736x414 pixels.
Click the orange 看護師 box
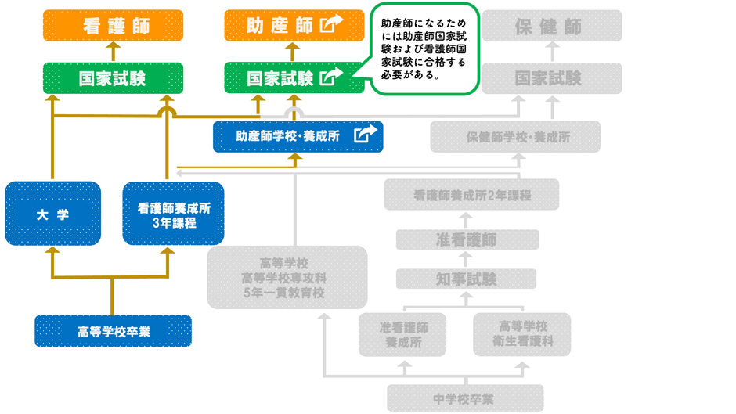tap(113, 26)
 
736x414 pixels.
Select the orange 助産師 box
tap(282, 26)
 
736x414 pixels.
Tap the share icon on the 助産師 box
tap(332, 25)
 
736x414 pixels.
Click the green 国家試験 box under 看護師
tap(113, 78)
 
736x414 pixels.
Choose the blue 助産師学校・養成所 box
tap(288, 136)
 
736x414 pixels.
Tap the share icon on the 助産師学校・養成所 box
tap(364, 135)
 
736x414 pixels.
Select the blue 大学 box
tap(52, 214)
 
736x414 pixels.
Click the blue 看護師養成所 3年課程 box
tap(173, 214)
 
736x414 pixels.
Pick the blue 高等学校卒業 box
tap(113, 331)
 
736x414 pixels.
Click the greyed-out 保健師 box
tap(552, 26)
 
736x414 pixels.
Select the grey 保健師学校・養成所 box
tap(515, 136)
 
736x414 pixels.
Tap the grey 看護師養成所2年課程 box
tap(471, 194)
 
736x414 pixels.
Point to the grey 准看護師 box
tap(467, 239)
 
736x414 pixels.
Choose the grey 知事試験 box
tap(467, 279)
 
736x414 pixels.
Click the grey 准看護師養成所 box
tap(402, 334)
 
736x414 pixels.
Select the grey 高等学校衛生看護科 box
tap(521, 334)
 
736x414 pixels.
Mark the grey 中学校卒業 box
tap(465, 398)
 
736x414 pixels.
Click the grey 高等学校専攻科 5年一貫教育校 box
tap(287, 277)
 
